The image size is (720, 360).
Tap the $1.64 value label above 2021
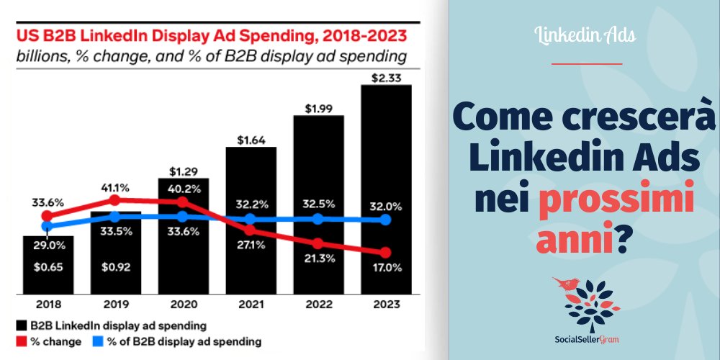[x=250, y=140]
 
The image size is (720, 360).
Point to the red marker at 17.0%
[x=385, y=252]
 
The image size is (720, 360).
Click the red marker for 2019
[x=114, y=199]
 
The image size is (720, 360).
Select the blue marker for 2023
[x=385, y=219]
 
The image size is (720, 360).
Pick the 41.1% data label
[x=115, y=188]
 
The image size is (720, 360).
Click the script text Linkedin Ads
[x=585, y=35]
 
